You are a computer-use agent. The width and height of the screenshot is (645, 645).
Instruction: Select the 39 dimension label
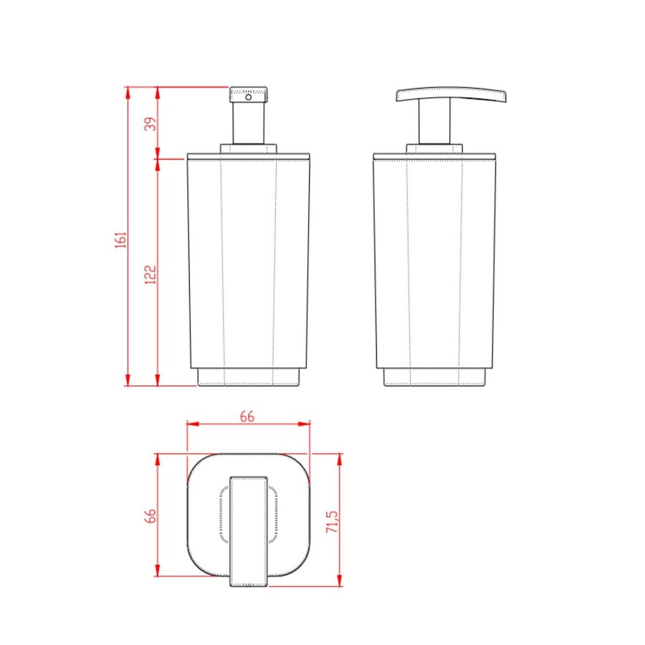[x=149, y=123]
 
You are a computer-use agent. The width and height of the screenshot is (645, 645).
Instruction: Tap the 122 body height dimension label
[x=149, y=272]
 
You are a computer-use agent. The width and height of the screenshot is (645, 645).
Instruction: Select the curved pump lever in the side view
[x=451, y=94]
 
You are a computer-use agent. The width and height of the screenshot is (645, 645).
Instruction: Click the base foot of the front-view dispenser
[x=248, y=377]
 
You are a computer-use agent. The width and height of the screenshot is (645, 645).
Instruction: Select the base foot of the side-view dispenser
[x=434, y=377]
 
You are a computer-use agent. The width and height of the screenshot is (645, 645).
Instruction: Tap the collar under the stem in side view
[x=434, y=149]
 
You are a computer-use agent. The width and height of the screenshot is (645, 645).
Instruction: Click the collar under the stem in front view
[x=248, y=149]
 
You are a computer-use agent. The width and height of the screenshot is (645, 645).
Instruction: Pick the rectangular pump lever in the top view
[x=248, y=530]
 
